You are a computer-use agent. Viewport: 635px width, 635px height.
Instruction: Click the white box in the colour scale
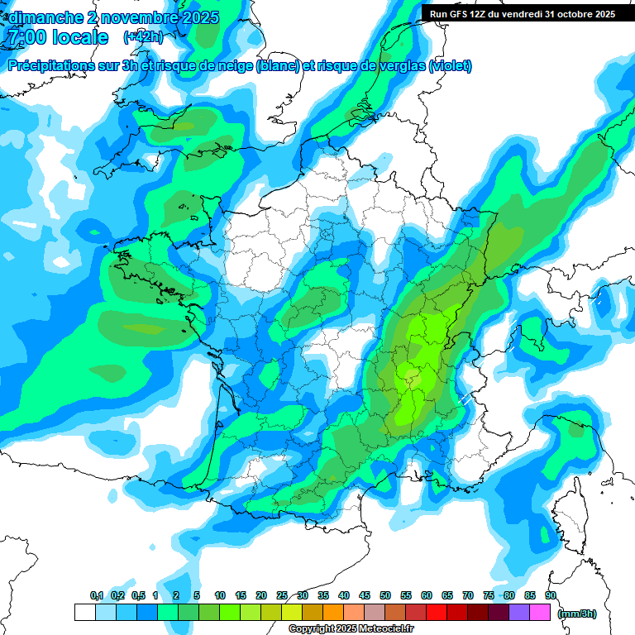[84, 612]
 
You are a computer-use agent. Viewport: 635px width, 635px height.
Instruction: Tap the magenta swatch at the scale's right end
[540, 612]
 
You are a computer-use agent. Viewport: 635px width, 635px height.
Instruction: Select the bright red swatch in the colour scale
[437, 612]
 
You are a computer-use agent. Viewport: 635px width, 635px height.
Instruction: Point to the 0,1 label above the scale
[97, 595]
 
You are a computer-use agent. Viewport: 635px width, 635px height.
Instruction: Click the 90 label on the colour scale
[550, 595]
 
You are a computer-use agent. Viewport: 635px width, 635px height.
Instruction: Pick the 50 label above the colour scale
[385, 595]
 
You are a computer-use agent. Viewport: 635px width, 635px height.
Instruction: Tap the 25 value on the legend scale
[282, 595]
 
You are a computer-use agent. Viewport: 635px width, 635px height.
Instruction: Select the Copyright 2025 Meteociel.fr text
[351, 629]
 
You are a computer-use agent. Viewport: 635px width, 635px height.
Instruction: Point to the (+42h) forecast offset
[143, 37]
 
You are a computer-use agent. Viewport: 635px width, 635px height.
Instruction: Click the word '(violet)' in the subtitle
[450, 66]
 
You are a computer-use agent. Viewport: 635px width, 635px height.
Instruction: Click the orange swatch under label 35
[333, 612]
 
